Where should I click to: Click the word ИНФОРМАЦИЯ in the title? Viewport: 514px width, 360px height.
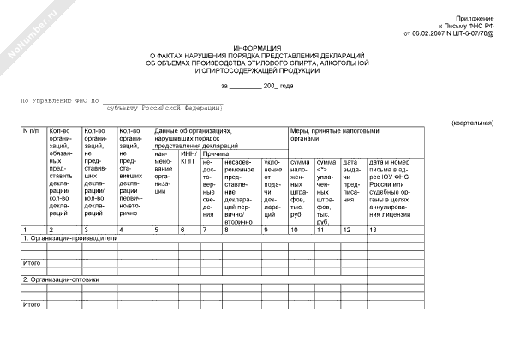click(x=257, y=49)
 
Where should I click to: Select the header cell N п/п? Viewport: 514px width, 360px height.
click(x=31, y=131)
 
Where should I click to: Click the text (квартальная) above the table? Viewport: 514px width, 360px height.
click(x=472, y=123)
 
